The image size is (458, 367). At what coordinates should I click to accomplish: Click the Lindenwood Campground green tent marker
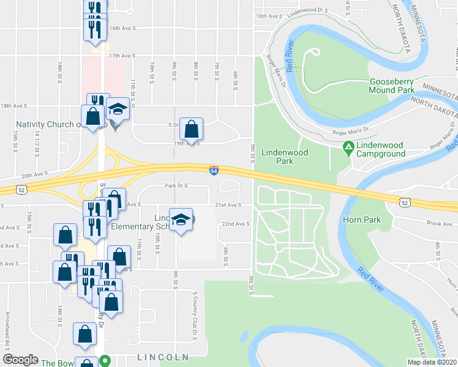(x=348, y=147)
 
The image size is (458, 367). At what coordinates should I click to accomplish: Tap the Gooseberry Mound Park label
(x=391, y=86)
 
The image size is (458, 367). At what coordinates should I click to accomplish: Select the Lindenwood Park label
(x=285, y=157)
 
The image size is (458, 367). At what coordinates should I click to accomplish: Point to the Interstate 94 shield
(x=214, y=169)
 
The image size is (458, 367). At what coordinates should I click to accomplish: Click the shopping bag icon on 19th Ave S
(x=192, y=129)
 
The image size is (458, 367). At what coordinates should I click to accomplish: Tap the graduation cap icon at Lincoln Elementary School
(x=181, y=220)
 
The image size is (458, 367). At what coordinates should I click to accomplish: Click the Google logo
(x=20, y=360)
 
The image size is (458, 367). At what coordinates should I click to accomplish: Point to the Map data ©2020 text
(x=431, y=362)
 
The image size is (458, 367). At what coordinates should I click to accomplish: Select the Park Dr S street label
(x=176, y=186)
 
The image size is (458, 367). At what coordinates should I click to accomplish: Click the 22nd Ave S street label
(x=235, y=224)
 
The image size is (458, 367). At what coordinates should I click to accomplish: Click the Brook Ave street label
(x=440, y=224)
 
